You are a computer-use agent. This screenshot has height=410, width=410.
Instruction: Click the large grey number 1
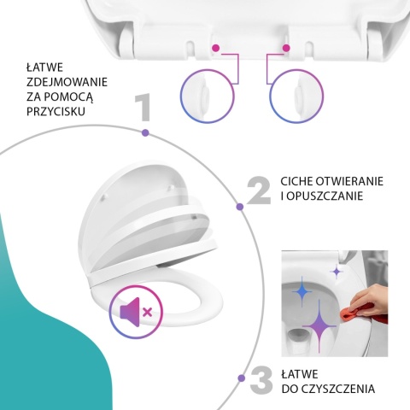(x=143, y=108)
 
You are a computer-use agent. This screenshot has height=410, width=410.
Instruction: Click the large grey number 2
(x=259, y=190)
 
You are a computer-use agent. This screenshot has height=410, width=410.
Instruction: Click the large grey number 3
(x=261, y=381)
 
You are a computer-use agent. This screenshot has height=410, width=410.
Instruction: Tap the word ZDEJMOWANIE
(x=67, y=82)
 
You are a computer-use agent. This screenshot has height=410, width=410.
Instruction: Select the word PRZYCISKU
(x=56, y=111)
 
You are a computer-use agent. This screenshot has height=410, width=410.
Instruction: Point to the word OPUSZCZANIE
(x=325, y=196)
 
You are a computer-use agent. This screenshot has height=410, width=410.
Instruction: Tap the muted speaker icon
(x=136, y=312)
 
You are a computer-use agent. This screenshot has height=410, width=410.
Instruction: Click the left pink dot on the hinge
(x=216, y=48)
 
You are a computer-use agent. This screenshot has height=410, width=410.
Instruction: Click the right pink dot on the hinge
(x=286, y=48)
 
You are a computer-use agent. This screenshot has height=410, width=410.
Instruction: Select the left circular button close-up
(x=208, y=97)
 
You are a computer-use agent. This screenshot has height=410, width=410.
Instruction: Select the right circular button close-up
(x=296, y=97)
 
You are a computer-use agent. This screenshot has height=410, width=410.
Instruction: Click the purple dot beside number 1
(x=145, y=132)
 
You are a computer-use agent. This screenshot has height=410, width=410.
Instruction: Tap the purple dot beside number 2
(x=240, y=207)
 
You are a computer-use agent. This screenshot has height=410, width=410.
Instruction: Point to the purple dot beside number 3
(x=242, y=378)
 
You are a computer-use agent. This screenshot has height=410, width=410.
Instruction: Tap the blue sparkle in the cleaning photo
(x=302, y=291)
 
